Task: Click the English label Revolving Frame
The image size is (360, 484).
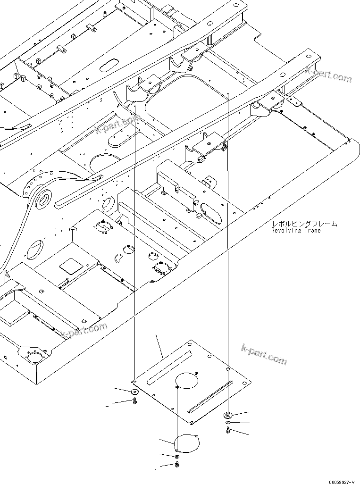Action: (x=295, y=231)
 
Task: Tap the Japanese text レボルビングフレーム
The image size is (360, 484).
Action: (x=304, y=224)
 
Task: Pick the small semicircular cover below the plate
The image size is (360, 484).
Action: (x=187, y=443)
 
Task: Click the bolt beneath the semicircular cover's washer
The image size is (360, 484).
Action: (x=176, y=465)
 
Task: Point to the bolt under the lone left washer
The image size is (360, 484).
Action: (x=135, y=401)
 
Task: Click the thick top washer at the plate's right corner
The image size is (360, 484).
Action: (x=227, y=415)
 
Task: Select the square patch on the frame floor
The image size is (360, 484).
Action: (x=69, y=266)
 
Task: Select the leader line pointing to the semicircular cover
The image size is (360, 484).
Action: (x=167, y=442)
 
